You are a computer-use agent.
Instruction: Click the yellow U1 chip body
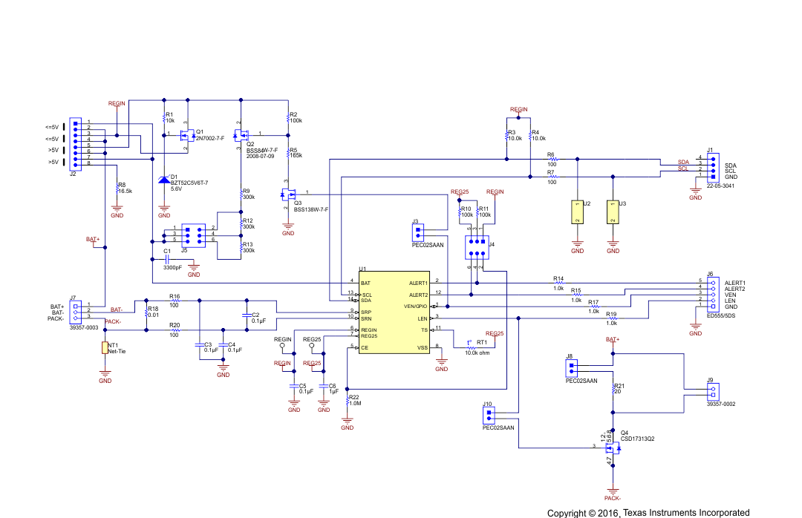pos(394,312)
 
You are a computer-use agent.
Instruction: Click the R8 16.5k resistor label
pos(124,188)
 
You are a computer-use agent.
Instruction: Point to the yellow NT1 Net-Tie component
pos(105,347)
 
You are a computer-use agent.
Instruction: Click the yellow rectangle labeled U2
pos(576,212)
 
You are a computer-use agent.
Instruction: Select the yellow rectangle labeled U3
pos(613,212)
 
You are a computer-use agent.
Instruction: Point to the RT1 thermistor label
pos(482,343)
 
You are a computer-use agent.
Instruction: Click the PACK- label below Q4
pos(612,499)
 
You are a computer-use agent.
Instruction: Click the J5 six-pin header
pos(193,234)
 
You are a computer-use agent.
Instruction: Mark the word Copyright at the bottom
pos(568,513)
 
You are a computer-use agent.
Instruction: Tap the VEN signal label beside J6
pos(729,295)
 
